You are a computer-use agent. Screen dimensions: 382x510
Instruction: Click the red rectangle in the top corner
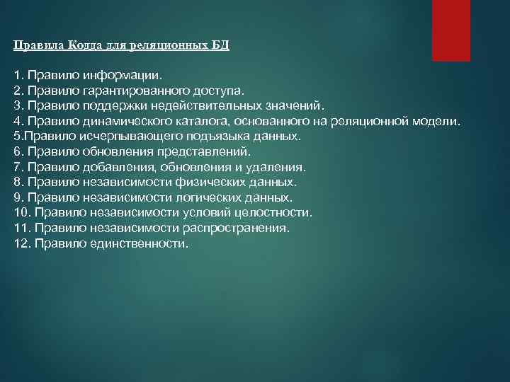(451, 30)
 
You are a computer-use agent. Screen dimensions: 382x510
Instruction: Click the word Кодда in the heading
(85, 45)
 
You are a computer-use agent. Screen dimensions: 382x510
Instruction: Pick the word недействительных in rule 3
(212, 105)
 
